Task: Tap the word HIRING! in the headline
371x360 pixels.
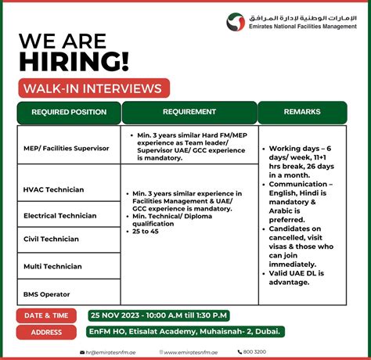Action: [x=74, y=61]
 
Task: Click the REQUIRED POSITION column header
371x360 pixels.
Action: [x=69, y=112]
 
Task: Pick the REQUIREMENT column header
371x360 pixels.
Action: [x=189, y=112]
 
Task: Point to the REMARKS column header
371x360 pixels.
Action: [x=303, y=112]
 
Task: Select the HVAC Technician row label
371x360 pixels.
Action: [x=54, y=189]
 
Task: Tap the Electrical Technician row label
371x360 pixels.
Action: [x=60, y=215]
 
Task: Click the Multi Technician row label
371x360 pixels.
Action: [x=53, y=266]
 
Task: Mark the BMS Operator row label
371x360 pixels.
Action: [x=47, y=293]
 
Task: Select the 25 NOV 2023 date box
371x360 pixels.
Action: [x=159, y=315]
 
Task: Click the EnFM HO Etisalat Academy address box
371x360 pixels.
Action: [x=185, y=332]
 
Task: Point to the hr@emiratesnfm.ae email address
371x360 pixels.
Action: [x=113, y=352]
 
